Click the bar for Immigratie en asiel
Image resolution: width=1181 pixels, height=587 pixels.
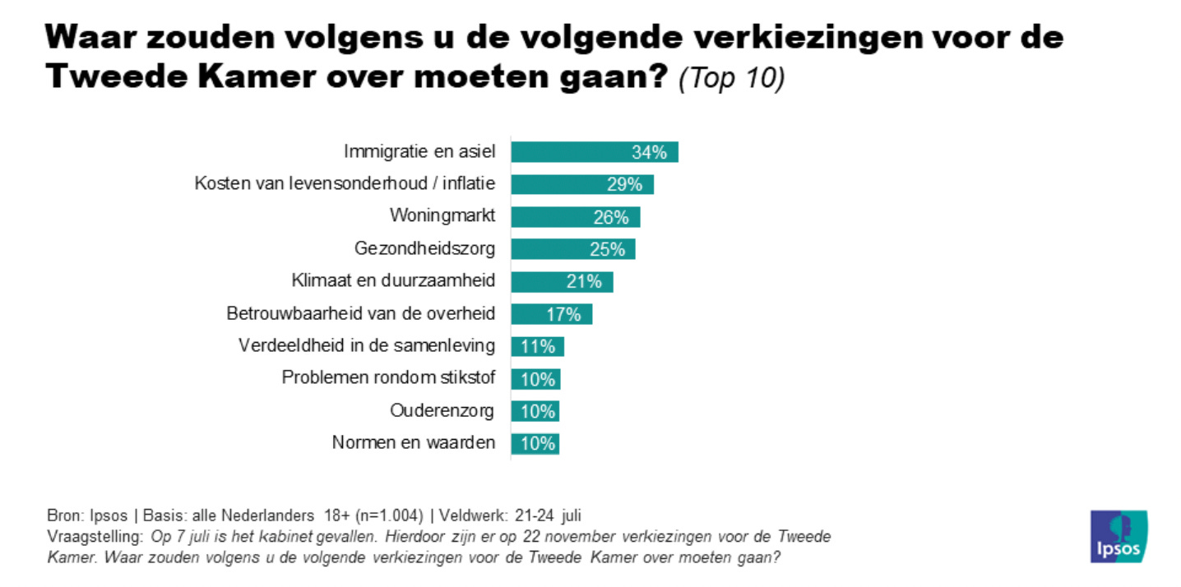594,152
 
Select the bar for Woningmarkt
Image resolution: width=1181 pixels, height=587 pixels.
575,217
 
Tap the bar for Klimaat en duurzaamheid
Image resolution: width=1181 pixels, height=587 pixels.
562,281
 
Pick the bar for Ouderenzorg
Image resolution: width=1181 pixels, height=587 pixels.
535,410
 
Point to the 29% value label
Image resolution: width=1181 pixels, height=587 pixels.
624,185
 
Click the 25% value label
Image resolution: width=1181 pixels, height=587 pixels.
607,249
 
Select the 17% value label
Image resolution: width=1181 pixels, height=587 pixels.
564,314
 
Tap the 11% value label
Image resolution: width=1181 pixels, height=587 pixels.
539,346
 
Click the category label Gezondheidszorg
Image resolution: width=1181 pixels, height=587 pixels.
424,248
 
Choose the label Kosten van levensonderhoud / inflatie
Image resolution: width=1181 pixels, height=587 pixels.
345,184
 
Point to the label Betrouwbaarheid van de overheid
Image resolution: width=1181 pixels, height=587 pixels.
360,313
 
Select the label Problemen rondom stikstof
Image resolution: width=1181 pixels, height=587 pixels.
388,378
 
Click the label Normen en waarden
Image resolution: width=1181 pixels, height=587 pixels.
413,442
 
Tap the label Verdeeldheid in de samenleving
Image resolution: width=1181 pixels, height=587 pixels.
367,345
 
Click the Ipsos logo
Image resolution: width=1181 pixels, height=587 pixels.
1118,536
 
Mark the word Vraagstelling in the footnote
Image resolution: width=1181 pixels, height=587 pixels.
95,537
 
